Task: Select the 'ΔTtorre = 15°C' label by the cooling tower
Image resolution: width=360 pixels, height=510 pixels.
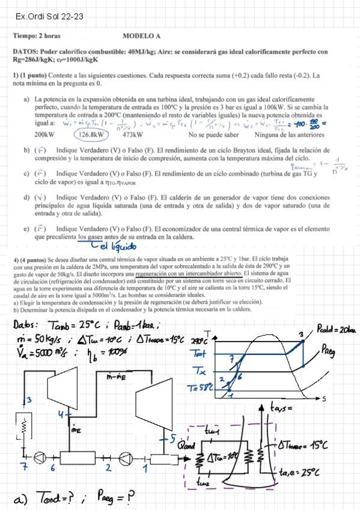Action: tap(303, 446)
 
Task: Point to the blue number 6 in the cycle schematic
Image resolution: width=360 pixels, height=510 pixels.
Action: tap(52, 467)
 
